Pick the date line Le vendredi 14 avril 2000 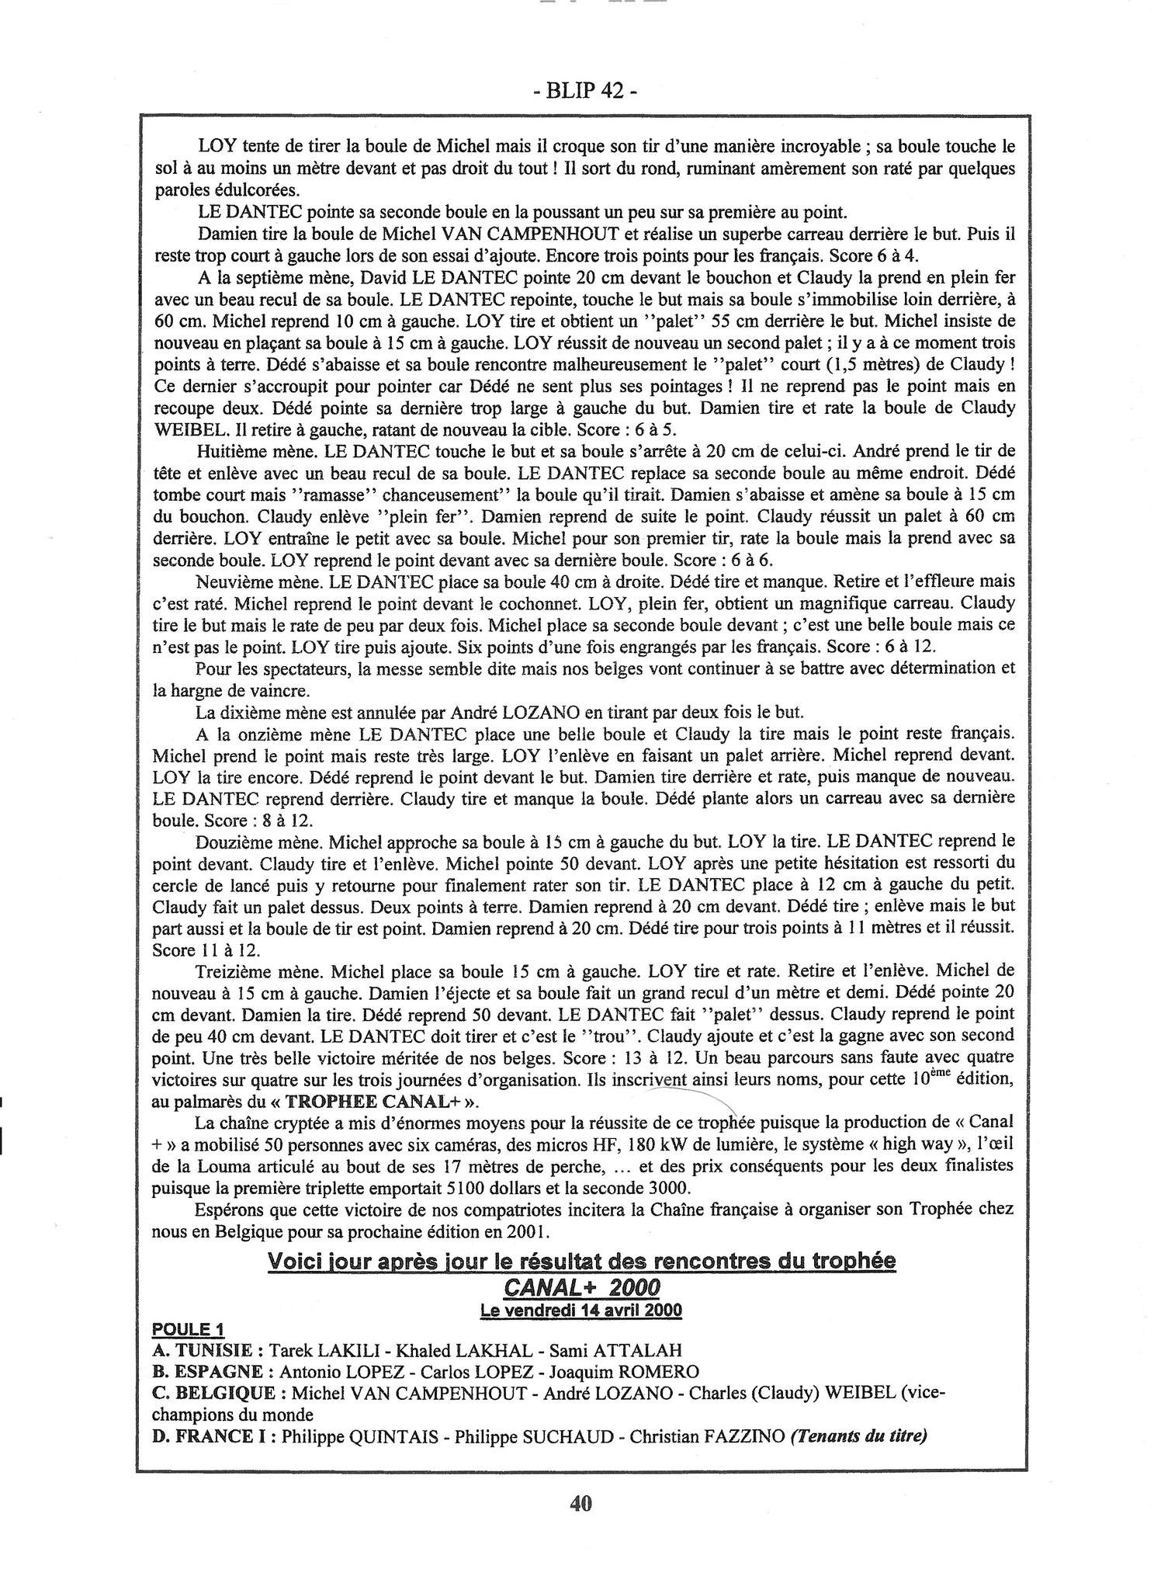coord(580,1311)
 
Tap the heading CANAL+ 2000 coord(580,1288)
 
